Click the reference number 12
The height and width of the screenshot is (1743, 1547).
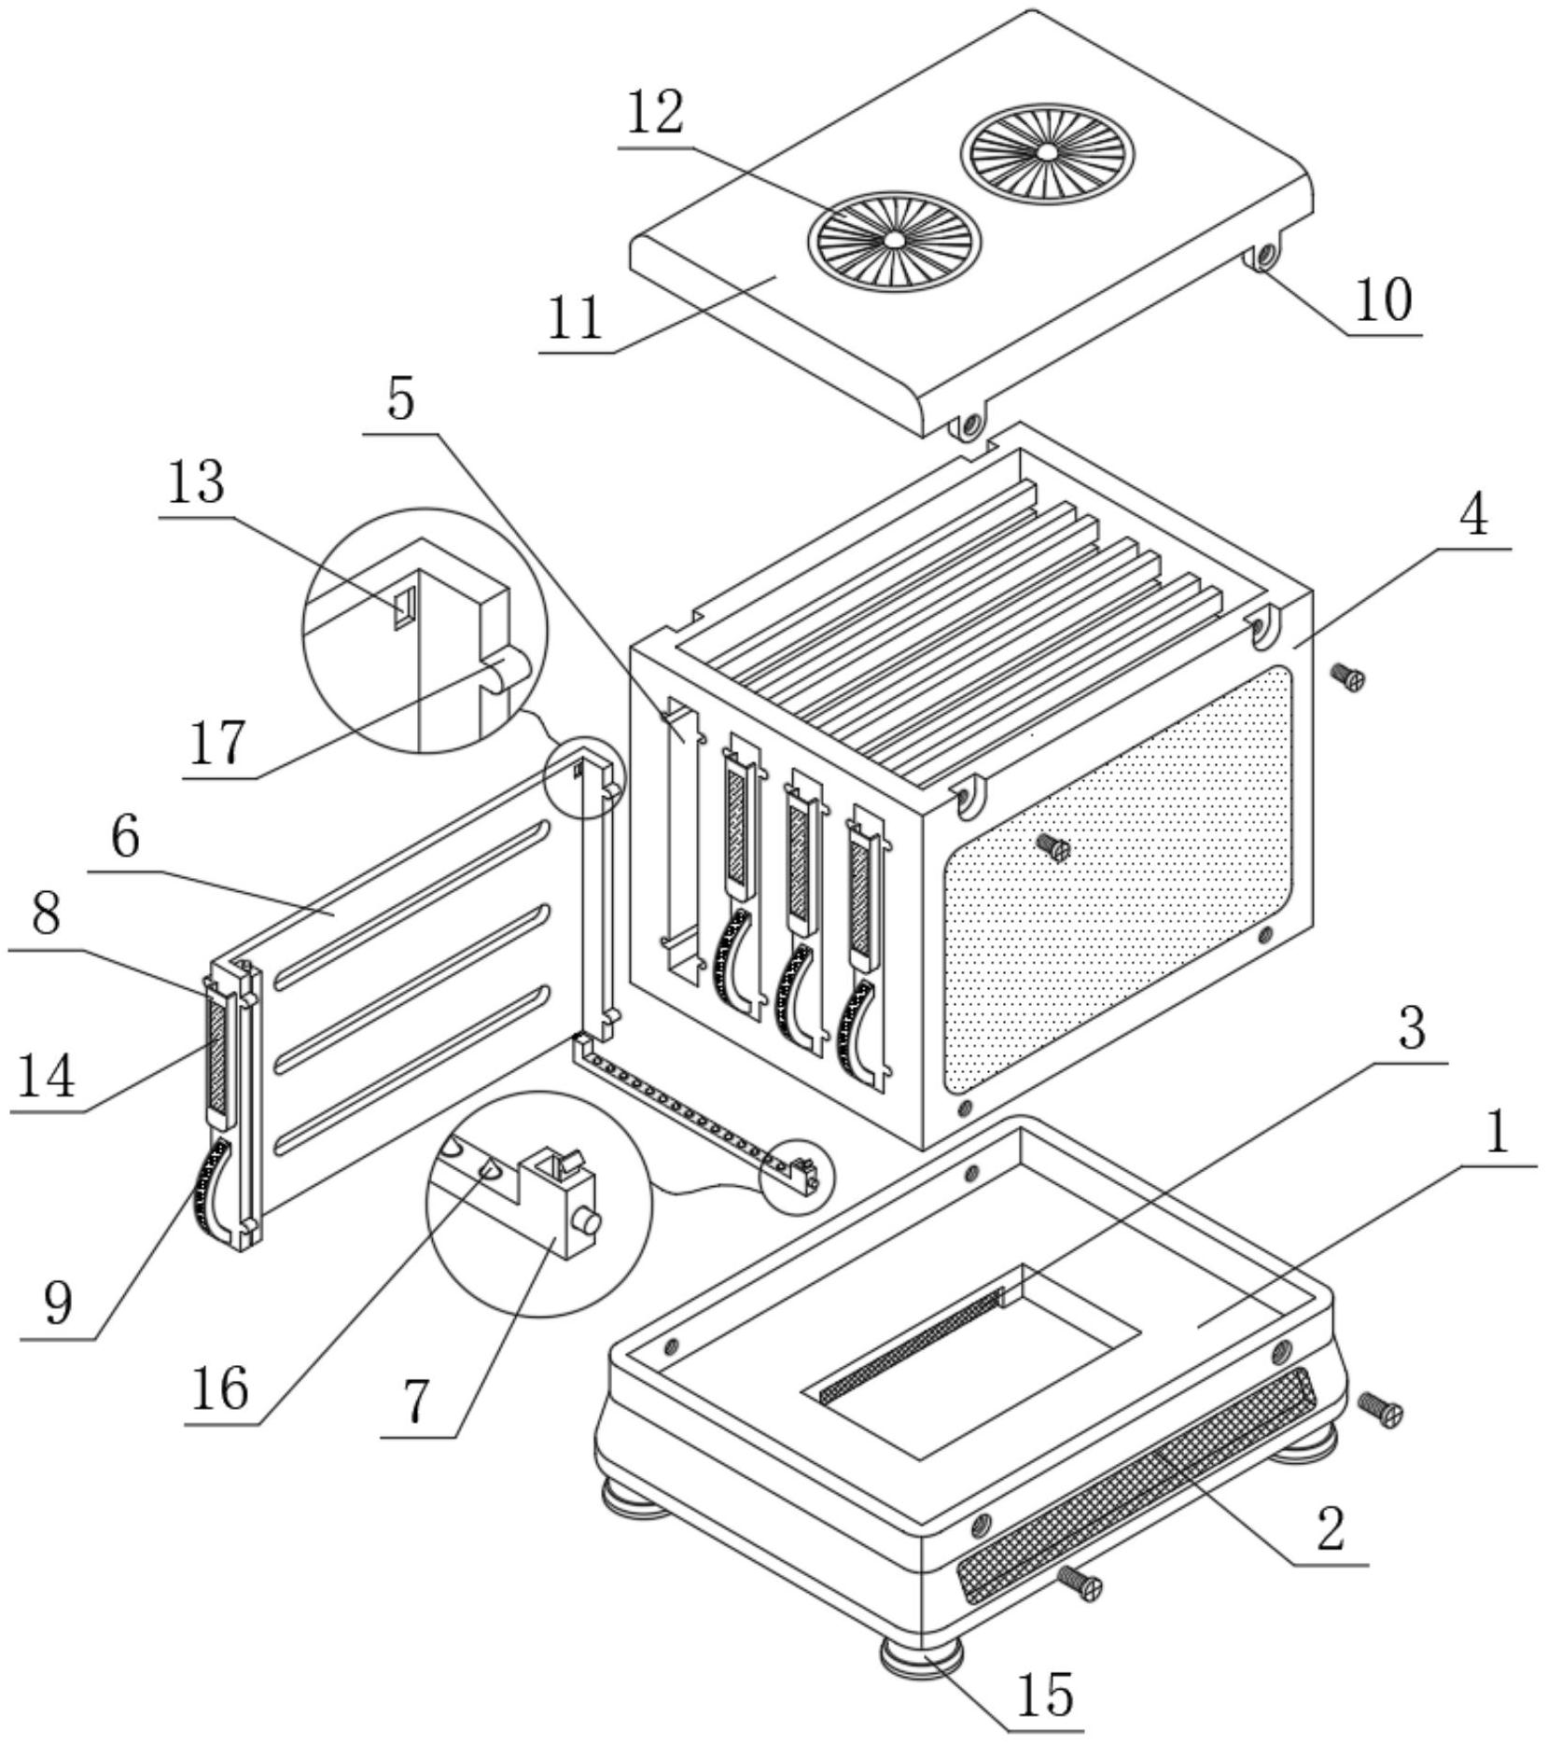[x=655, y=113]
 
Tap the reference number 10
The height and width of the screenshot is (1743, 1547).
[x=1384, y=300]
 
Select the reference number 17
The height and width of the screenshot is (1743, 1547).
[x=219, y=743]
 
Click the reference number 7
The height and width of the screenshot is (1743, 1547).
[x=416, y=1401]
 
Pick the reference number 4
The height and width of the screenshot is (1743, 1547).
[x=1473, y=513]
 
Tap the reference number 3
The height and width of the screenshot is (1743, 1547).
[x=1413, y=1028]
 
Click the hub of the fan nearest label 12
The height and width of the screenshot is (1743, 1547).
[x=894, y=240]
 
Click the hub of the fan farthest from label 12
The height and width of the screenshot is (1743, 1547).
[x=1047, y=151]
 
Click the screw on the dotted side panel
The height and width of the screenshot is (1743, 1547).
[x=1054, y=846]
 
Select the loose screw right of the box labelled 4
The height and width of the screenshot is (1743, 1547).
[x=1349, y=676]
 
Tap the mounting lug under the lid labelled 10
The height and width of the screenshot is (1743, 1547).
[x=1262, y=255]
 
